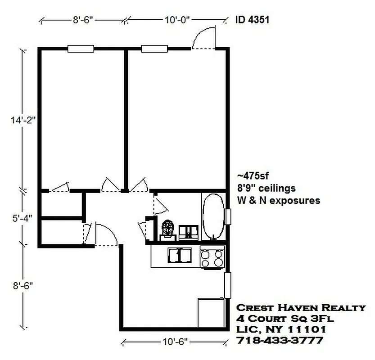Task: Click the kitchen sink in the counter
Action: (x=179, y=256)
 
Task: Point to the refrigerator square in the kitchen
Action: (x=211, y=312)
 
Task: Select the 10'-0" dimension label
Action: (x=177, y=20)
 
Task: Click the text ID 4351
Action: (x=253, y=20)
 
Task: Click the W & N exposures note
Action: (x=279, y=200)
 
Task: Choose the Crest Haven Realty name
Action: (x=301, y=308)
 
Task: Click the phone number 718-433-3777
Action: (x=279, y=341)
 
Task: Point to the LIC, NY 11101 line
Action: (x=281, y=330)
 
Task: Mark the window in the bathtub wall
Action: (x=228, y=216)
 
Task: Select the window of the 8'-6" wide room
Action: (x=81, y=49)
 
